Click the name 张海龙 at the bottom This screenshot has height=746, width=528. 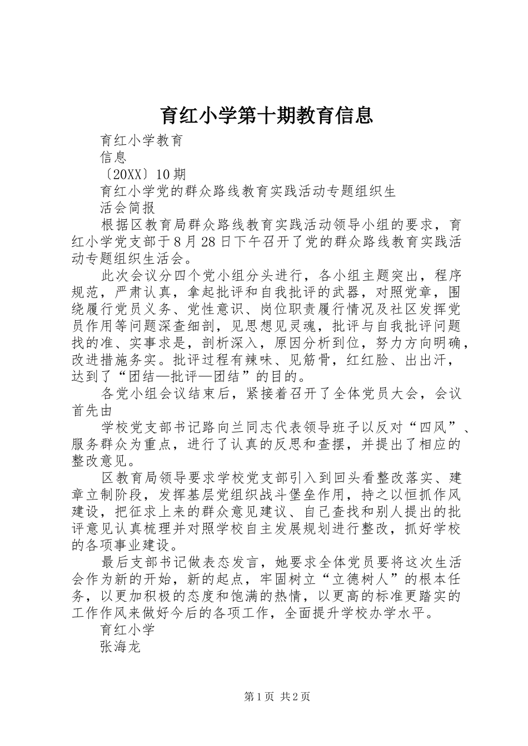[x=121, y=647]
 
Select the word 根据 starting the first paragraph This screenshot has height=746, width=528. [x=113, y=225]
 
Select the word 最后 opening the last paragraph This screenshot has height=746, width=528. [x=113, y=562]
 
